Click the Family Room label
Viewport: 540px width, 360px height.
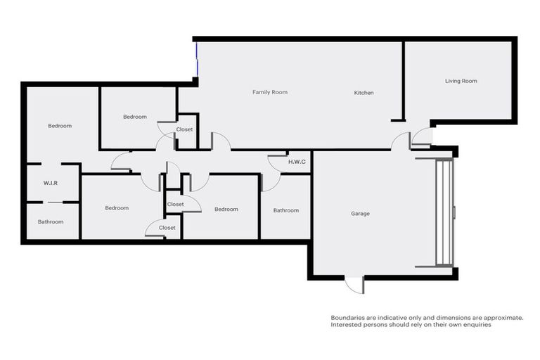coord(270,92)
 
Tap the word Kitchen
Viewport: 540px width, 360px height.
coord(364,93)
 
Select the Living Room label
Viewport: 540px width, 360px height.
coord(461,81)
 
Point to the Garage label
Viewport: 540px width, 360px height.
coord(360,214)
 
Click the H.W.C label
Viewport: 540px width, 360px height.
coord(297,162)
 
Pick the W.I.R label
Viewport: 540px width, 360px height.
coord(50,183)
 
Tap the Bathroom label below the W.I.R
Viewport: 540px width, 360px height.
coord(51,221)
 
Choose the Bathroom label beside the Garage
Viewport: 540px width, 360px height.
coord(285,210)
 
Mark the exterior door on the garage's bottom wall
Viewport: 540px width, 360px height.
coord(355,284)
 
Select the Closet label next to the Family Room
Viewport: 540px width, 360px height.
coord(184,129)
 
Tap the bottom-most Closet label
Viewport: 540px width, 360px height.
coord(167,228)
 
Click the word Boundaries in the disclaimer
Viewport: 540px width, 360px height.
coord(347,318)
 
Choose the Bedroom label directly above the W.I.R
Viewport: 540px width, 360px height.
coord(60,126)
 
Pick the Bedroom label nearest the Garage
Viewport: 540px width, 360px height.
coord(226,209)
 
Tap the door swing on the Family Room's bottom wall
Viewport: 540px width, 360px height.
coord(220,141)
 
